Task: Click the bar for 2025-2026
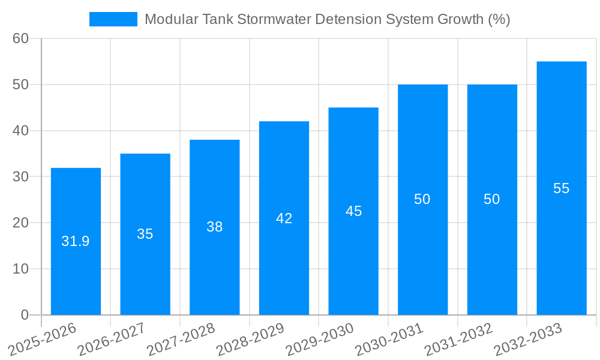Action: [76, 270]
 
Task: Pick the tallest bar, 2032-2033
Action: [561, 240]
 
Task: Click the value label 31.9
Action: [76, 241]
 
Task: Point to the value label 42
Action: [284, 218]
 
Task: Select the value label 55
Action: [561, 188]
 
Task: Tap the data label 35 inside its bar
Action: [145, 234]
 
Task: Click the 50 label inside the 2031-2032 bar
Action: [491, 199]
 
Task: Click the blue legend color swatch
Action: [113, 19]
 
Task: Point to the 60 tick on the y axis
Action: [20, 38]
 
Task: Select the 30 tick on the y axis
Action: [20, 176]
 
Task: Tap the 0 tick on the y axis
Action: [25, 314]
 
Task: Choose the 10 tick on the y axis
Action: [20, 269]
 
